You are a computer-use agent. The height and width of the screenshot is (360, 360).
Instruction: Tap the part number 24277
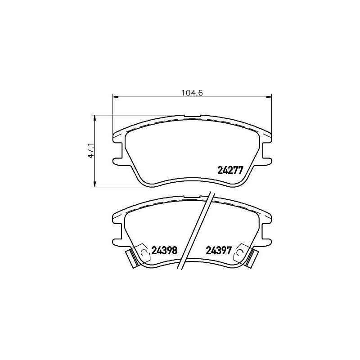click(x=230, y=171)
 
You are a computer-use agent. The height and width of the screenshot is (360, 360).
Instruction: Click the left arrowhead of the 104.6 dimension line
click(x=114, y=96)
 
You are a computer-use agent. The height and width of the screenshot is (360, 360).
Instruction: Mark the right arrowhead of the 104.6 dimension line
click(x=270, y=96)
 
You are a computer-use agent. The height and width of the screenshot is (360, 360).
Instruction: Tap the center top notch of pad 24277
click(x=192, y=117)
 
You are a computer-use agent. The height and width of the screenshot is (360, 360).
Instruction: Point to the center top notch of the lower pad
click(x=192, y=197)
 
